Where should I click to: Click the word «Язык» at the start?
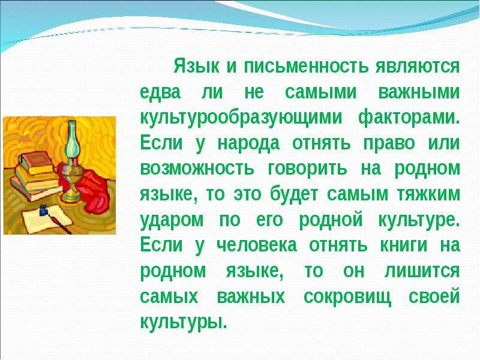pyautogui.click(x=197, y=67)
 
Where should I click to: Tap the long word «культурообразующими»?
pyautogui.click(x=241, y=118)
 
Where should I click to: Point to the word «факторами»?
pyautogui.click(x=409, y=118)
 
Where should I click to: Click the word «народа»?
pyautogui.click(x=248, y=143)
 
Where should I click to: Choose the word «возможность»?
pyautogui.click(x=197, y=169)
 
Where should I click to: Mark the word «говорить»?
pyautogui.click(x=308, y=169)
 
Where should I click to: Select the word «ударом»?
pyautogui.click(x=172, y=220)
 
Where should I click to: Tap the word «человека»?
pyautogui.click(x=257, y=245)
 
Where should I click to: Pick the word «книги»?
pyautogui.click(x=403, y=245)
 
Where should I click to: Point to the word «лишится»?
pyautogui.click(x=422, y=272)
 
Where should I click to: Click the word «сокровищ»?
pyautogui.click(x=347, y=297)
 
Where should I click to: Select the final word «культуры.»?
pyautogui.click(x=184, y=322)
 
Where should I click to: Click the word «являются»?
pyautogui.click(x=418, y=66)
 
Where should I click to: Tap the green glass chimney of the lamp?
pyautogui.click(x=72, y=140)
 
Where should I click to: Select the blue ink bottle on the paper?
pyautogui.click(x=43, y=211)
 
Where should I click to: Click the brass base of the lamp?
pyautogui.click(x=71, y=184)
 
